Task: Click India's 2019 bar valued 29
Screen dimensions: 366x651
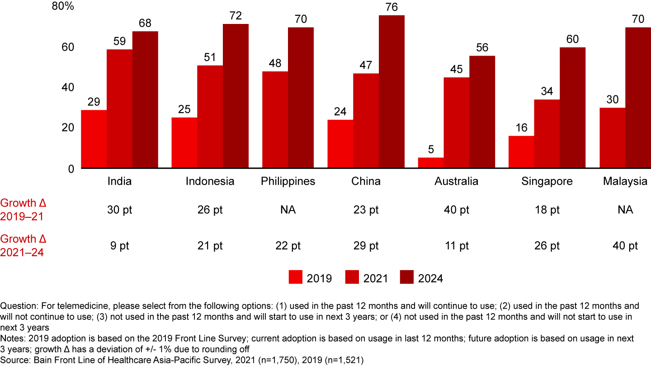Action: click(x=94, y=139)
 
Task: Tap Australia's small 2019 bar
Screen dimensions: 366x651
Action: click(x=431, y=163)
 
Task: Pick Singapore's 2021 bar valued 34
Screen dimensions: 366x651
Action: click(x=547, y=134)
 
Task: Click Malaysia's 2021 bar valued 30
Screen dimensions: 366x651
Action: click(x=612, y=138)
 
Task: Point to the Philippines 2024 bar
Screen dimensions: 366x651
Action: click(x=301, y=98)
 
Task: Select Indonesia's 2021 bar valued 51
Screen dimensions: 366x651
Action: click(x=210, y=117)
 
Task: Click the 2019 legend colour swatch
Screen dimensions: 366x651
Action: click(x=296, y=277)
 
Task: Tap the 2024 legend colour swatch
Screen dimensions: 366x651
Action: click(x=407, y=277)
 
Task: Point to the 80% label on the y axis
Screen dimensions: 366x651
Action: click(x=63, y=7)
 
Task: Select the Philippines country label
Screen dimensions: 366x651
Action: click(x=288, y=182)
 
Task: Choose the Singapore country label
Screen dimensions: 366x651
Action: click(x=547, y=182)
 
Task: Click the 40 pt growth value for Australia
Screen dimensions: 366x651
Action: click(x=456, y=210)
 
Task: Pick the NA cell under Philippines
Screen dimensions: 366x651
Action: click(x=288, y=210)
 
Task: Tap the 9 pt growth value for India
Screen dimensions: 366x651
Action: click(x=119, y=246)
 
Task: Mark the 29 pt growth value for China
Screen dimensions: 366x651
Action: click(x=366, y=246)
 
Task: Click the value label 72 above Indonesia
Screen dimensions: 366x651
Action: click(x=236, y=16)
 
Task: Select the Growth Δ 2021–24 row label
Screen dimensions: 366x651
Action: click(x=24, y=245)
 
